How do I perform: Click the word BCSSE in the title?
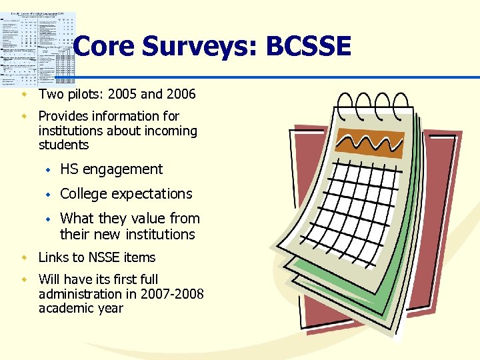tap(308, 47)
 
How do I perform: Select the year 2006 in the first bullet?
tap(180, 94)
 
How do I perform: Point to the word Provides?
tap(66, 116)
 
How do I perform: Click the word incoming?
tap(172, 131)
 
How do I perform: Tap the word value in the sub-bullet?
tap(151, 219)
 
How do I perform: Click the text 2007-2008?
tap(171, 294)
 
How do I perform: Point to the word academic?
tap(67, 309)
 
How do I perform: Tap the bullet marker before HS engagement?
tap(47, 169)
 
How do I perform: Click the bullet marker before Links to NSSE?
tap(24, 257)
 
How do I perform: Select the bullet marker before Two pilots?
tap(24, 94)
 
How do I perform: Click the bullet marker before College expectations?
tap(47, 194)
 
